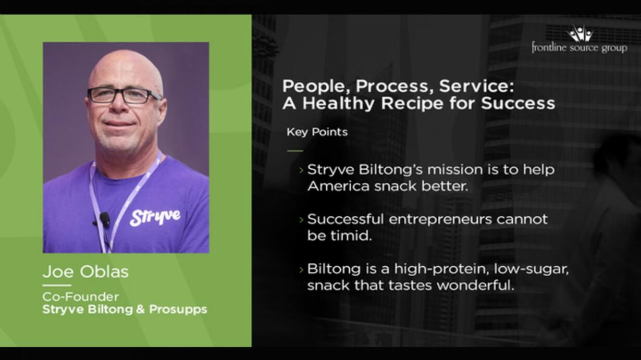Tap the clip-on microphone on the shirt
[x=104, y=218]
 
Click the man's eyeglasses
[x=124, y=95]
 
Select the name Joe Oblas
[x=85, y=271]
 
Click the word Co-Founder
[x=80, y=297]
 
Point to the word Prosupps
[x=178, y=310]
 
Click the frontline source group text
[x=580, y=48]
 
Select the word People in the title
[x=317, y=86]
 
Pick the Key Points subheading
[x=317, y=132]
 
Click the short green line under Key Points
[x=295, y=151]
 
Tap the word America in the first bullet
[x=338, y=187]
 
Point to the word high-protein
[x=441, y=269]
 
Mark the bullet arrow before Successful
[x=301, y=220]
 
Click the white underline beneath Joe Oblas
[x=57, y=285]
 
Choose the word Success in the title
[x=518, y=103]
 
